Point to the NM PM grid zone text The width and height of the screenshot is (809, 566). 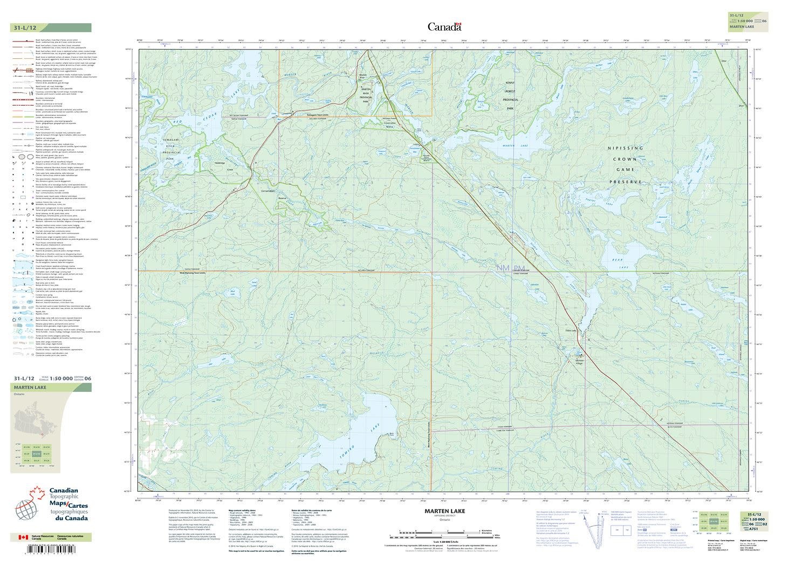point(510,268)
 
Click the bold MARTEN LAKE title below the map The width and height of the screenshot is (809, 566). point(444,512)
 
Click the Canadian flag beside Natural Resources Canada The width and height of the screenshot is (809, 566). point(23,537)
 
